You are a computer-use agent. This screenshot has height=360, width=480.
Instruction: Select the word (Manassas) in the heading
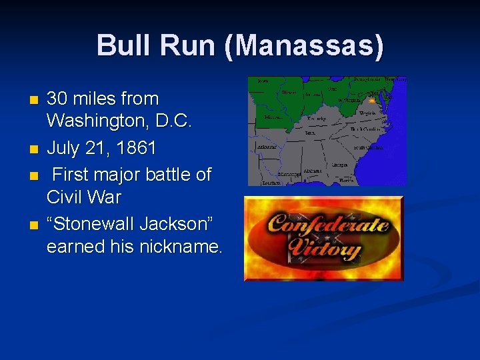(305, 47)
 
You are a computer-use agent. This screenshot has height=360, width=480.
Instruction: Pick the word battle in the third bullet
(165, 175)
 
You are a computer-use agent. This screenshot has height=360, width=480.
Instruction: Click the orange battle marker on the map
(371, 101)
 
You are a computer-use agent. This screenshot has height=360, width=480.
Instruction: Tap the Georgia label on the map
(339, 165)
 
